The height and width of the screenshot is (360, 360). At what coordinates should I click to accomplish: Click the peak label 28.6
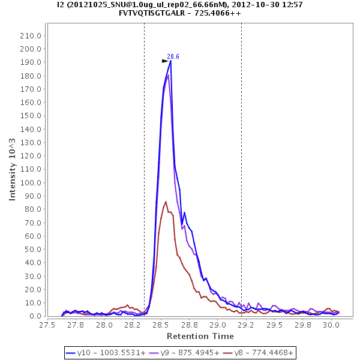(173, 56)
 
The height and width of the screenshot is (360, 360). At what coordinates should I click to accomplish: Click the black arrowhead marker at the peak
(165, 61)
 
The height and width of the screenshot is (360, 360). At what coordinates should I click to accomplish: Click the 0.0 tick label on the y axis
(35, 316)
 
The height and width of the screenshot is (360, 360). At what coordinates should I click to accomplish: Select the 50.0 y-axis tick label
(32, 250)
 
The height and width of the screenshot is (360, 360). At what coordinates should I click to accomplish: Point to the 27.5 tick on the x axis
(47, 325)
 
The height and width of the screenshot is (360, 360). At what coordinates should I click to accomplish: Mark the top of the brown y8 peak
(166, 202)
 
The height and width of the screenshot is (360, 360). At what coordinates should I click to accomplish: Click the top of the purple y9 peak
(169, 75)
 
